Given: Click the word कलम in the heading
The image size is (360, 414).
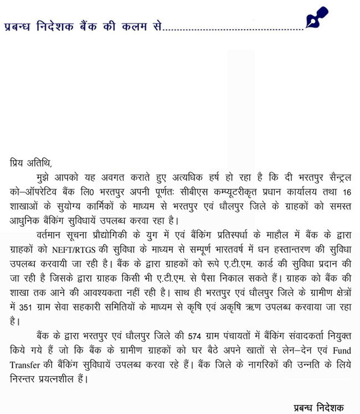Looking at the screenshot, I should coord(128,26).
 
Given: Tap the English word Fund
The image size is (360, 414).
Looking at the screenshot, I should coord(340,351).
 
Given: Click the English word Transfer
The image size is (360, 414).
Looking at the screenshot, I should coord(25,366).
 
